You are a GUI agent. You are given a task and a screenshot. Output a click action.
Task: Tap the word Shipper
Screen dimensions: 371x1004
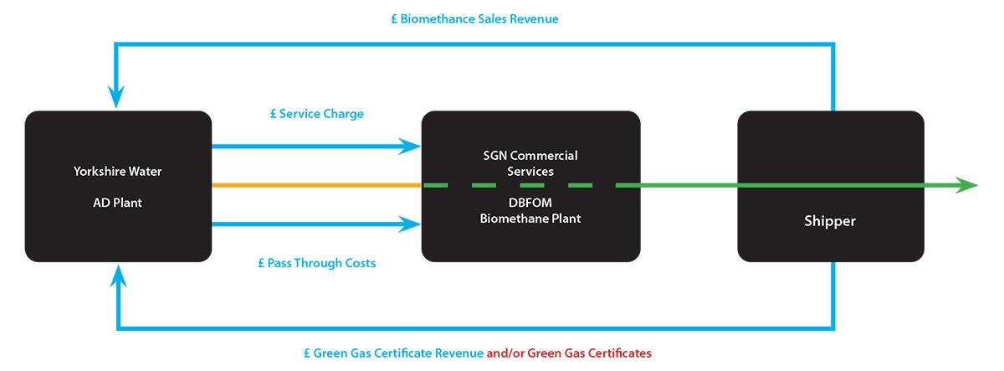(830, 221)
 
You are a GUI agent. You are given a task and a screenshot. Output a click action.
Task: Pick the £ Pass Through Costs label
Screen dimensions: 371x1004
(317, 263)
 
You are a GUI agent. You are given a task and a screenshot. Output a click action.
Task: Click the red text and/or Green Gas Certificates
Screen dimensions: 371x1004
(569, 353)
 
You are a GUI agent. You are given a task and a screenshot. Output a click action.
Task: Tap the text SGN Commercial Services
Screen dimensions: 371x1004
(531, 162)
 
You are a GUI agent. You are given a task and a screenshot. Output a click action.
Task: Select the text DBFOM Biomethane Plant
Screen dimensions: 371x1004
(530, 211)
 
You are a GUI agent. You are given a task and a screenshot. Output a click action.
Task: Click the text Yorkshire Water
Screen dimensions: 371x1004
(117, 172)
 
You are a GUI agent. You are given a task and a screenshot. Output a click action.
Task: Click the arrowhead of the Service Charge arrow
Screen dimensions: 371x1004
(410, 147)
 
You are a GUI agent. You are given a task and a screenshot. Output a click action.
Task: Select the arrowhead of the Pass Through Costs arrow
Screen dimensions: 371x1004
(410, 224)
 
